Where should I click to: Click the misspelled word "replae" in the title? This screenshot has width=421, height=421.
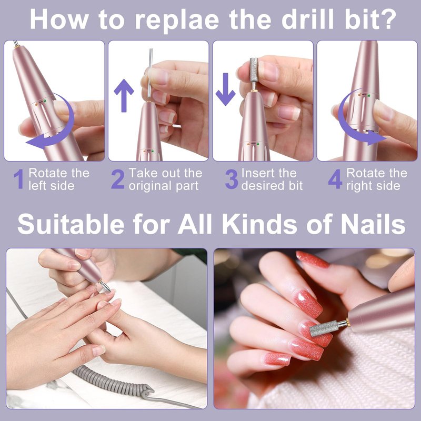pyautogui.click(x=177, y=19)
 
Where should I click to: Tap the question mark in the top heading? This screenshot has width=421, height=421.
pyautogui.click(x=386, y=18)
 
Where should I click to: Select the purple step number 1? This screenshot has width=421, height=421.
pyautogui.click(x=18, y=179)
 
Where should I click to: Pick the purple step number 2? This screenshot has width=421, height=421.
pyautogui.click(x=117, y=179)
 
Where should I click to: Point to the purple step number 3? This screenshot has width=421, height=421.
pyautogui.click(x=232, y=179)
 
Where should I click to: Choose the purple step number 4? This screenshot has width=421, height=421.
pyautogui.click(x=335, y=179)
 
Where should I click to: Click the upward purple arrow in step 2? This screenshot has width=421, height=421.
pyautogui.click(x=124, y=95)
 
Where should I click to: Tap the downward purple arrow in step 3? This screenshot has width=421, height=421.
pyautogui.click(x=226, y=89)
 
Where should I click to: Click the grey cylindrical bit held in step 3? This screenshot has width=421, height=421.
pyautogui.click(x=254, y=70)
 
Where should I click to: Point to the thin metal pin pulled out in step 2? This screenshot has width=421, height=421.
pyautogui.click(x=150, y=74)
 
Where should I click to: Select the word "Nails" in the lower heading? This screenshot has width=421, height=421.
pyautogui.click(x=373, y=224)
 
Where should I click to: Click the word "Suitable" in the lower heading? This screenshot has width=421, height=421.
pyautogui.click(x=71, y=224)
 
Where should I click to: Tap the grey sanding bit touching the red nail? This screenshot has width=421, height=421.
pyautogui.click(x=324, y=328)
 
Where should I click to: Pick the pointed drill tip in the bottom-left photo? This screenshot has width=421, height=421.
pyautogui.click(x=106, y=286)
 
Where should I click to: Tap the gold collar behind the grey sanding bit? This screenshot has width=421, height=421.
pyautogui.click(x=348, y=322)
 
